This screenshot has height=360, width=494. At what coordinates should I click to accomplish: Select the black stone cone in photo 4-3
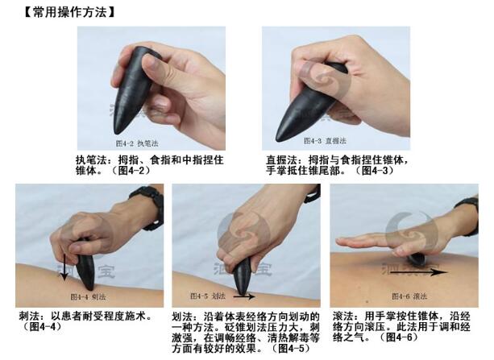[310, 101]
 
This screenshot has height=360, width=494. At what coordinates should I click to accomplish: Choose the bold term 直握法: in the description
[283, 160]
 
